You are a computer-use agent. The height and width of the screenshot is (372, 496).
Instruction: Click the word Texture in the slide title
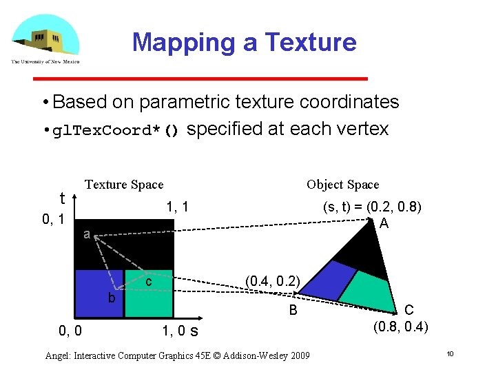[311, 43]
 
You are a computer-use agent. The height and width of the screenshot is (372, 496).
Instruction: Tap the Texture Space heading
[124, 185]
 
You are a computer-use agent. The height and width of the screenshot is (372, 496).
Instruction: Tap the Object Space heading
[342, 185]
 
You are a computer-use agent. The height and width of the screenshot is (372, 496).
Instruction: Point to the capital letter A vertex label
[384, 224]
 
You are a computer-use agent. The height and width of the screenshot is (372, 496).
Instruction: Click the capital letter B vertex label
[293, 311]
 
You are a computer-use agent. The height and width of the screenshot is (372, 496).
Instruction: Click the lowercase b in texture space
[111, 298]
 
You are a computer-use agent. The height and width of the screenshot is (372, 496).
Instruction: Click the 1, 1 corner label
[177, 207]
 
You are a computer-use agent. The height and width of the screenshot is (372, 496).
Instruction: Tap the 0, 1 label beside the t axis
[52, 220]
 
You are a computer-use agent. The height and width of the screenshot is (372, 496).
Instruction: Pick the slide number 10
[449, 354]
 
